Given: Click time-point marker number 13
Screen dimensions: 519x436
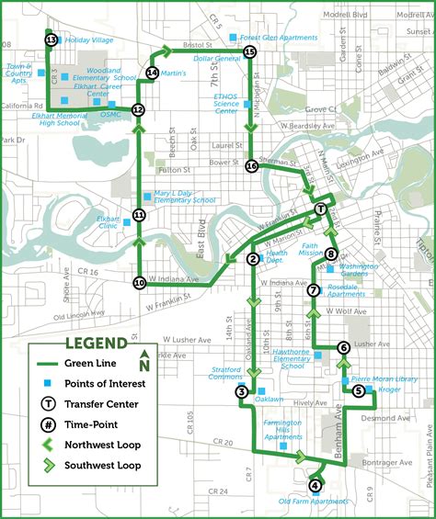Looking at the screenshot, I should pyautogui.click(x=51, y=39).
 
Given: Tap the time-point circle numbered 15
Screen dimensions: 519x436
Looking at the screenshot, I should pyautogui.click(x=250, y=52).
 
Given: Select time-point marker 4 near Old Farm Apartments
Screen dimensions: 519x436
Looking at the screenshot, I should pyautogui.click(x=316, y=486).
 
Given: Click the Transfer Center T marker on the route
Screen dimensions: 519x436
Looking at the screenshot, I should pyautogui.click(x=320, y=209).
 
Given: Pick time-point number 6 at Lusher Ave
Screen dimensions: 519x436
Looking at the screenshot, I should pyautogui.click(x=343, y=347).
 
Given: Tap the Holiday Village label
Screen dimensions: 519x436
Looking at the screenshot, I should pyautogui.click(x=89, y=40).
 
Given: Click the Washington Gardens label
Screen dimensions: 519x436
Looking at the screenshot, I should pyautogui.click(x=359, y=270).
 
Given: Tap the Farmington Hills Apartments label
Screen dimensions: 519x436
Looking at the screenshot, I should pyautogui.click(x=283, y=429).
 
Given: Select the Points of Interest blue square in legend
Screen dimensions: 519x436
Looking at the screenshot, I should pyautogui.click(x=43, y=384).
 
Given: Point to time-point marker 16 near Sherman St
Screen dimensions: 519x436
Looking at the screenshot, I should pyautogui.click(x=251, y=166).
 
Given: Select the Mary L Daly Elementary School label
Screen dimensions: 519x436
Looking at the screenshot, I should pyautogui.click(x=185, y=197).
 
